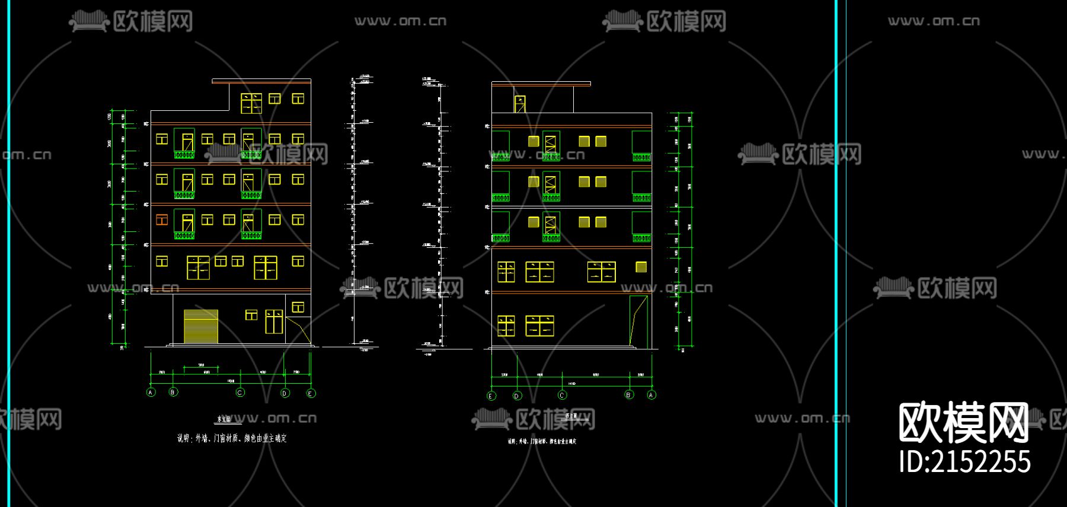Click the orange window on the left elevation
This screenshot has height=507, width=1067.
tap(162, 220)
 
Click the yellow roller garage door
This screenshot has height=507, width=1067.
tap(201, 326)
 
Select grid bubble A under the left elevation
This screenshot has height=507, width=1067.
tap(151, 393)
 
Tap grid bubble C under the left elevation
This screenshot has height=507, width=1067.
tap(240, 393)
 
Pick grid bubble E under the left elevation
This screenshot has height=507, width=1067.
tap(311, 393)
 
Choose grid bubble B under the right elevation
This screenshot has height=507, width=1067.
tap(629, 395)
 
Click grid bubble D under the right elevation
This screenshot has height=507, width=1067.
tap(517, 396)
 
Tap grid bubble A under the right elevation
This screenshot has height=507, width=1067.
tap(651, 395)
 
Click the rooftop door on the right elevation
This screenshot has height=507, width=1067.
tap(520, 104)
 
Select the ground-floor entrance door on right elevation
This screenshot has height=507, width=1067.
tap(638, 321)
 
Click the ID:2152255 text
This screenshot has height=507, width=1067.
tap(964, 462)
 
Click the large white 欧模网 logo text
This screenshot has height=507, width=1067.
tap(963, 422)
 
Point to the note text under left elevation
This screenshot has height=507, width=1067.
tap(232, 439)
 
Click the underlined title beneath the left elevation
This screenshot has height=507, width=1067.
tap(225, 419)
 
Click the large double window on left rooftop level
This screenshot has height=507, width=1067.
tap(251, 103)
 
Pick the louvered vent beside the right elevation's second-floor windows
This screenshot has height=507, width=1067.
tap(641, 267)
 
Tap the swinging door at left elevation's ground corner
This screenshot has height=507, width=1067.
tap(298, 330)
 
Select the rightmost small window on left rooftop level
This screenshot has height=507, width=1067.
tap(298, 98)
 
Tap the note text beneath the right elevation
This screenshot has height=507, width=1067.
tap(542, 441)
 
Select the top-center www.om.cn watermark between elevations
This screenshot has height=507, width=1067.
tap(400, 21)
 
